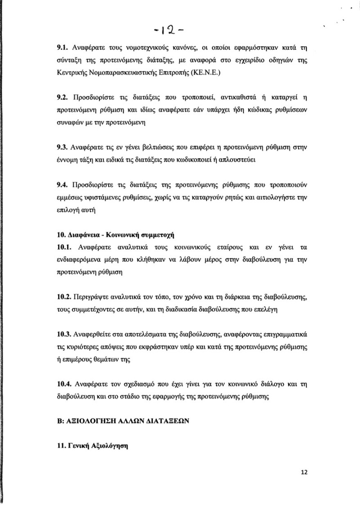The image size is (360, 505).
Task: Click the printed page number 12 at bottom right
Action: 304,472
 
